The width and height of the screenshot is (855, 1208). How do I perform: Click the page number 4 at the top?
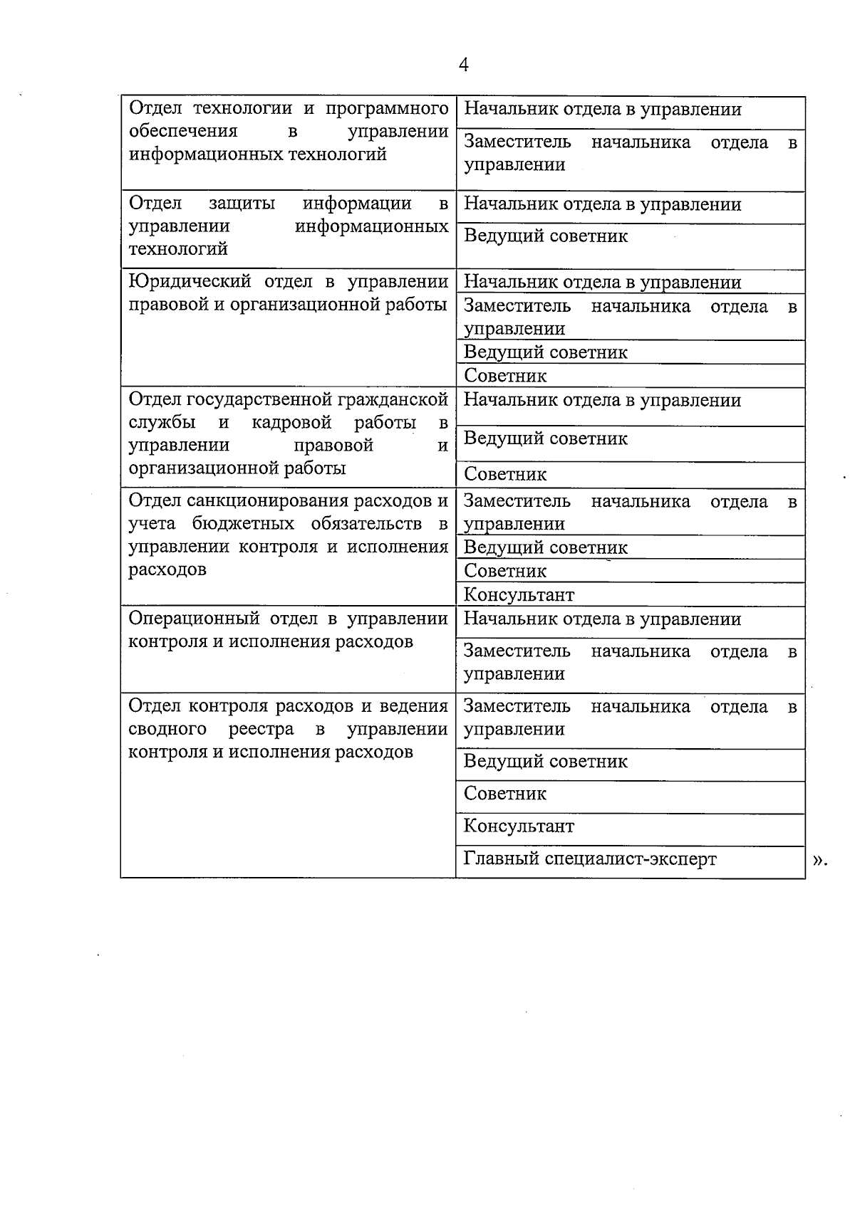coord(464,65)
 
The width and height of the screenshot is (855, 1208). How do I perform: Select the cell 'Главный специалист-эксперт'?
coord(590,858)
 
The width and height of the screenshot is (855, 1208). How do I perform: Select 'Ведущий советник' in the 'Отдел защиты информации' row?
coord(546,236)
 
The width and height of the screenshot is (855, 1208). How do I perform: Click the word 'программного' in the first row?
coord(387,109)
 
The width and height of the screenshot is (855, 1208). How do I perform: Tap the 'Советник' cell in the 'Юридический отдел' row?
coord(505,375)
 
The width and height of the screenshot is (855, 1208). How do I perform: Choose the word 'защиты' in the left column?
coord(242,204)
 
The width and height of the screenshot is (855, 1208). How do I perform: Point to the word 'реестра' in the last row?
coord(261,730)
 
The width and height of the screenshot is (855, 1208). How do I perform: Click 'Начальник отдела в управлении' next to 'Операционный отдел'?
coord(602,619)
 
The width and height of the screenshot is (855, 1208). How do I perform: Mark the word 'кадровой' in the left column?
coord(291,422)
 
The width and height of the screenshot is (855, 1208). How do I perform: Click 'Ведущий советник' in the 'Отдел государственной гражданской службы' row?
coord(546,438)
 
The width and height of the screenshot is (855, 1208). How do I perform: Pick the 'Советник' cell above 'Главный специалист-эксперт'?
coord(505,794)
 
